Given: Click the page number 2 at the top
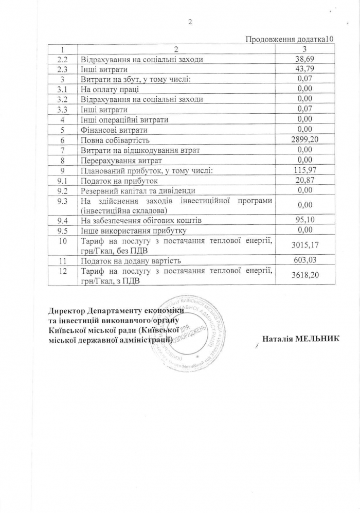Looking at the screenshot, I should [x=190, y=22].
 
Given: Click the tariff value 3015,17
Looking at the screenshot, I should [x=305, y=245].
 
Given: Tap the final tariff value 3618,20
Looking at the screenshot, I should [x=305, y=275].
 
